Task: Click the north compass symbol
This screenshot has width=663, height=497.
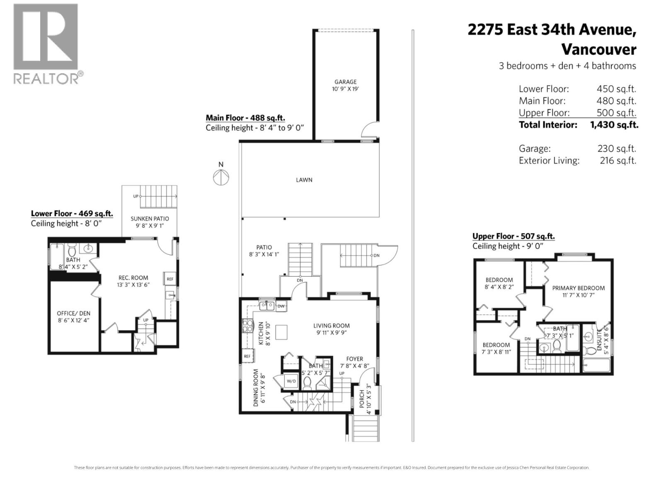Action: [x=221, y=178]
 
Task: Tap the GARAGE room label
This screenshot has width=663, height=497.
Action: [x=345, y=82]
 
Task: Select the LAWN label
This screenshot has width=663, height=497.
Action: [x=304, y=180]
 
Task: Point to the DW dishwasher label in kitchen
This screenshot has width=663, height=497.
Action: [x=281, y=306]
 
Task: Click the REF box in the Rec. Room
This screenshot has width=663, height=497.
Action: [x=170, y=279]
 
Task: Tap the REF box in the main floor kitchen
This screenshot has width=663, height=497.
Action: [x=247, y=356]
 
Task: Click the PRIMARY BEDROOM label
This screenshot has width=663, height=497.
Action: [x=578, y=288]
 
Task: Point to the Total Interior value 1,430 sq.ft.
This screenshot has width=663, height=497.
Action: [x=614, y=125]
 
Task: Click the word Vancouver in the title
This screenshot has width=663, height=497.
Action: [x=598, y=50]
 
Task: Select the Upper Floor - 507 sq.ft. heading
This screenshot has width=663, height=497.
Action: [x=513, y=236]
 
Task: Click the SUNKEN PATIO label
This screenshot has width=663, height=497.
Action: [x=150, y=219]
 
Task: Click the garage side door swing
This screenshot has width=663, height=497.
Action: [x=369, y=130]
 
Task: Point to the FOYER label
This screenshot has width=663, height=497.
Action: [x=354, y=359]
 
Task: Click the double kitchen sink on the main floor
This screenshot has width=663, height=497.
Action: [x=266, y=306]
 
